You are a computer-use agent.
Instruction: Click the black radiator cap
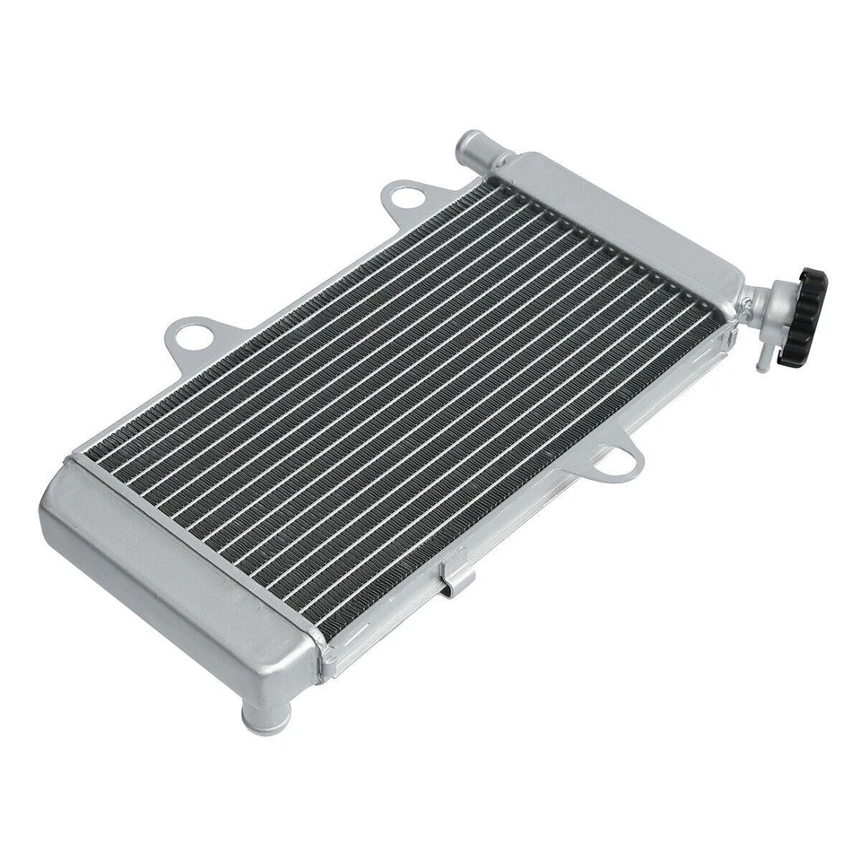click(803, 317)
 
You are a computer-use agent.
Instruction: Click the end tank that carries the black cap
click(619, 224)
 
